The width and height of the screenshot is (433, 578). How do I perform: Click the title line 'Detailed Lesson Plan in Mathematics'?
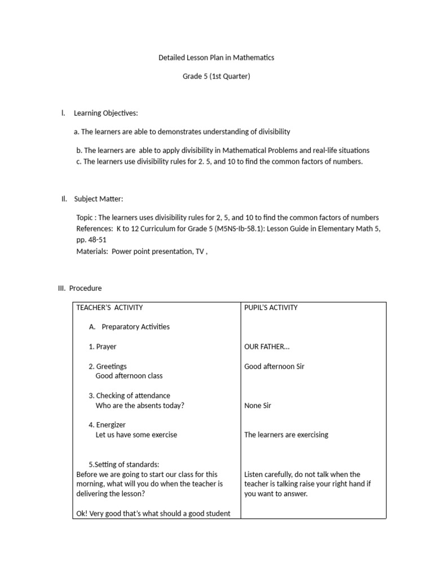pos(216,58)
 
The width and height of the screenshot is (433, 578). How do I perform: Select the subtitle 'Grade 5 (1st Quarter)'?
pos(216,77)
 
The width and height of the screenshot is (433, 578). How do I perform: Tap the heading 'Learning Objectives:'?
pos(106,113)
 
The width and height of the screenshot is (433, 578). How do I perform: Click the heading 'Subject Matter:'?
pos(99,199)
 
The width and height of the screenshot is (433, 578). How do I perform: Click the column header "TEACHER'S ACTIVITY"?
pos(109,308)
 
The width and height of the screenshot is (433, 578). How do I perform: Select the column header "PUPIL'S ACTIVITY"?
pos(271,308)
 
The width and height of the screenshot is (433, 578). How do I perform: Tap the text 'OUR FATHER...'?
pos(267,347)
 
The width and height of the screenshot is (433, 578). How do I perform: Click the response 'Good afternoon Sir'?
pos(274,366)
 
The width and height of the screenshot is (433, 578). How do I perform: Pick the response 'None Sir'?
pos(258,405)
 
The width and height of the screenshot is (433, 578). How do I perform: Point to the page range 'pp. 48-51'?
pos(91,239)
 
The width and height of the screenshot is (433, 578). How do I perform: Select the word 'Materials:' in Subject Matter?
pos(92,251)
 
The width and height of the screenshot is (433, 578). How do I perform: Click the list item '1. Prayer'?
pos(103,347)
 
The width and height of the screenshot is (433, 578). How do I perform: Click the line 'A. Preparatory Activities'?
pos(129,327)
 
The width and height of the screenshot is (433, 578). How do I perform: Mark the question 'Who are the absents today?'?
pos(140,405)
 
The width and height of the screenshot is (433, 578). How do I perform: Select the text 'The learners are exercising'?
pos(286,435)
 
